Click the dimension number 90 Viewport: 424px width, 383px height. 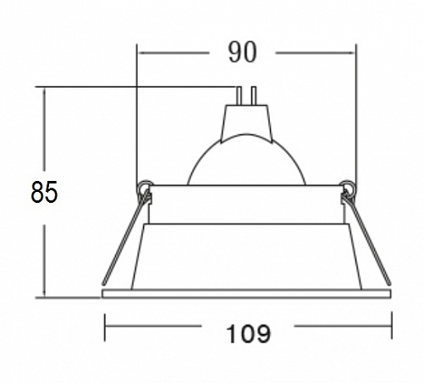tap(242, 52)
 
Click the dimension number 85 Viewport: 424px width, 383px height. tap(44, 192)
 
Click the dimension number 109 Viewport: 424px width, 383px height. tap(248, 334)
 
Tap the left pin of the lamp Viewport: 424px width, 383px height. tap(239, 96)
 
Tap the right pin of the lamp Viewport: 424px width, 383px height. tap(253, 96)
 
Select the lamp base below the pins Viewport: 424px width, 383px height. tap(246, 122)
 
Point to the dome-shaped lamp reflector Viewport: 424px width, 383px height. tap(246, 160)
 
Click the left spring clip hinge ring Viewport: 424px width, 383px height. tap(146, 186)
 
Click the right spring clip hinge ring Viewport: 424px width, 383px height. tap(348, 186)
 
